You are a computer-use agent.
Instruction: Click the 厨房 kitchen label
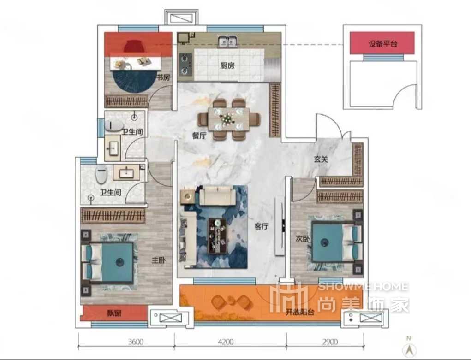227,65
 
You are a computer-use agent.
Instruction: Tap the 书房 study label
163,77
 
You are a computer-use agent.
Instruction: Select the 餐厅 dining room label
199,136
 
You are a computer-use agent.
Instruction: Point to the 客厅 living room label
261,226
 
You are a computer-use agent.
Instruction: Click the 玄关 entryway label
321,159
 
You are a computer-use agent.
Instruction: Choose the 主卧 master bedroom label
158,260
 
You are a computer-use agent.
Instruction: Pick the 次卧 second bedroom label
303,239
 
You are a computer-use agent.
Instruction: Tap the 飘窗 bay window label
114,313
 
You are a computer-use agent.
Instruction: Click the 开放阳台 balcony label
300,312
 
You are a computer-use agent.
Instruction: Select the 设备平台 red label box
382,43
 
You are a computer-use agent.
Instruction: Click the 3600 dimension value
136,342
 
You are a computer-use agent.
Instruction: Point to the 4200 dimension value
226,342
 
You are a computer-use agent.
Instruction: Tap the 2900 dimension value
330,342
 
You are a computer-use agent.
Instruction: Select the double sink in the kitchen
227,41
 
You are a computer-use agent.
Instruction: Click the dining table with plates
229,119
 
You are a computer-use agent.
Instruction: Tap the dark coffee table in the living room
217,236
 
